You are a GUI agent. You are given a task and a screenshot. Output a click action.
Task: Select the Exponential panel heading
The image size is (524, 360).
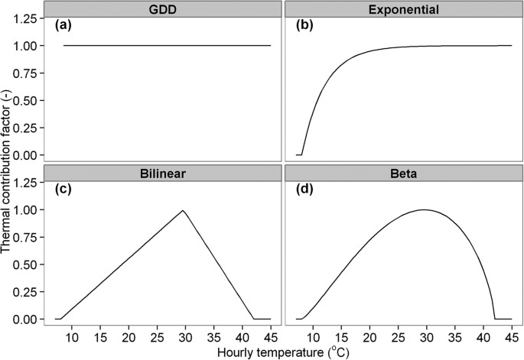pyautogui.click(x=403, y=10)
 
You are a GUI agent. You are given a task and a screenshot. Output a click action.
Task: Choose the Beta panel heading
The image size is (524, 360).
pyautogui.click(x=403, y=174)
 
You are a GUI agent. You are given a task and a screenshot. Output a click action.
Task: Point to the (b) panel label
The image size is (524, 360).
pyautogui.click(x=306, y=24)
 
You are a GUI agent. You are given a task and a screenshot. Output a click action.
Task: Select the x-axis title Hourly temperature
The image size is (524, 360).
pyautogui.click(x=282, y=352)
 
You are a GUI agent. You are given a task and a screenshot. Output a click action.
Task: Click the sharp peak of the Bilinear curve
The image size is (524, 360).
pyautogui.click(x=183, y=210)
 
